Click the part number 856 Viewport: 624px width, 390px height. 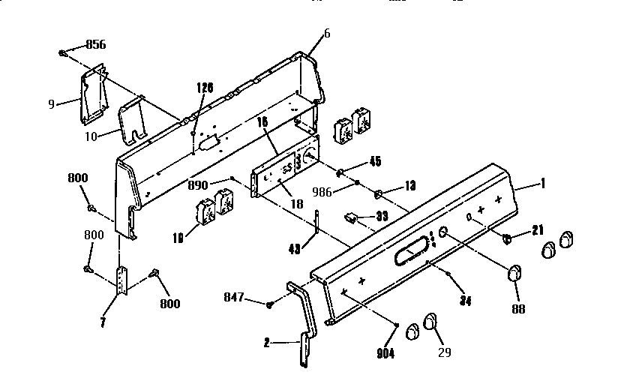[x=95, y=44]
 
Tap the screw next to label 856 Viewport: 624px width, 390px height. [x=64, y=53]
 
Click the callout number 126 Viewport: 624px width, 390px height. [x=205, y=87]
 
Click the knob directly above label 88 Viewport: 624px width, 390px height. [x=514, y=274]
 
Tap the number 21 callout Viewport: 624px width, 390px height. [x=537, y=230]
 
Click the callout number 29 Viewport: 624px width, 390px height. [x=444, y=352]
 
